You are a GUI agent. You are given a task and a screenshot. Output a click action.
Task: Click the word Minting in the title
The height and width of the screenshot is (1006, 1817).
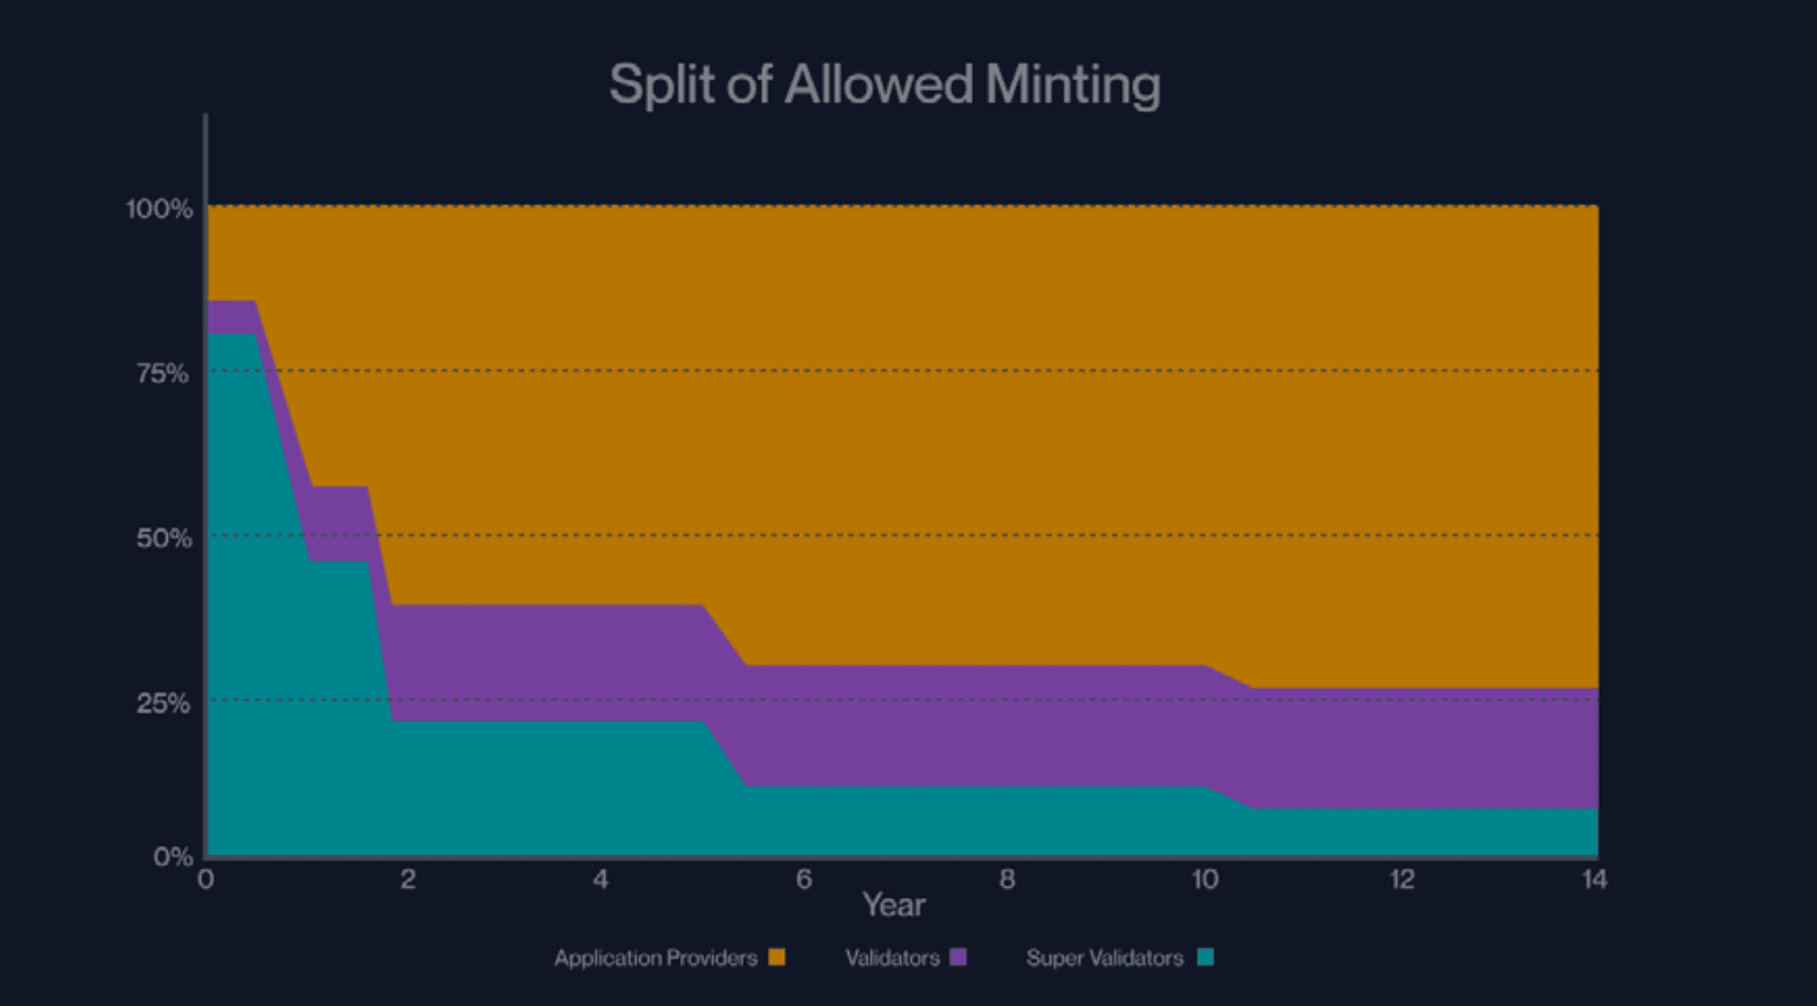1072,85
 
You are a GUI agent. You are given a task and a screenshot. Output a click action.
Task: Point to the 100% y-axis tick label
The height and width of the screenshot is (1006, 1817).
159,208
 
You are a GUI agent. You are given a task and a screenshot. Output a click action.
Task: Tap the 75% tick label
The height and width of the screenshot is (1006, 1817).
162,373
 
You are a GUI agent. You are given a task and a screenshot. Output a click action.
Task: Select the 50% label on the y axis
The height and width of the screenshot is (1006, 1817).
163,538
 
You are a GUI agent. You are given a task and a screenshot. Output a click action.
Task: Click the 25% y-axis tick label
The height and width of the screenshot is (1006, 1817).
163,703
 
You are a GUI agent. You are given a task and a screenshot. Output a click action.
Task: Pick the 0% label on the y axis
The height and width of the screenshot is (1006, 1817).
172,856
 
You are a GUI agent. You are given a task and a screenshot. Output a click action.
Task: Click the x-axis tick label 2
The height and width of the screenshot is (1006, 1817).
407,879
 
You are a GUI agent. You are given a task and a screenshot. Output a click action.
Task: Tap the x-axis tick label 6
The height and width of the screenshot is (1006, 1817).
804,879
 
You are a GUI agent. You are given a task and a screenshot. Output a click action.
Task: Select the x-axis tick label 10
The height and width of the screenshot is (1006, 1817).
1204,879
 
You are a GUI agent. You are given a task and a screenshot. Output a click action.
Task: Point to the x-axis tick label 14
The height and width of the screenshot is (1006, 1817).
1594,879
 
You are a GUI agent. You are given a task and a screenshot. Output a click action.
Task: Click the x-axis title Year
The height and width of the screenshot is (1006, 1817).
893,905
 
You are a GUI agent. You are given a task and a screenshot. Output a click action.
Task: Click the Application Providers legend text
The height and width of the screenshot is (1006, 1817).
656,958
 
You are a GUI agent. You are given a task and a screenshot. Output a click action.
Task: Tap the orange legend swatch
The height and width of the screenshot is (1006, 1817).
777,957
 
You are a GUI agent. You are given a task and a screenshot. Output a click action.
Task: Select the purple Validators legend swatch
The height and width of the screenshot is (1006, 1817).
958,957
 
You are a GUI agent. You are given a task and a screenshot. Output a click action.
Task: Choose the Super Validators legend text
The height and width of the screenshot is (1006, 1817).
1105,958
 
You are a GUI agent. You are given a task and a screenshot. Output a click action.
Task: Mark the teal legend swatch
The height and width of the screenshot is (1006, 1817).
1205,957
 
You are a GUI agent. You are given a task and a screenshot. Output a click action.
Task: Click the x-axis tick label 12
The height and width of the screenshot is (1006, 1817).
1402,879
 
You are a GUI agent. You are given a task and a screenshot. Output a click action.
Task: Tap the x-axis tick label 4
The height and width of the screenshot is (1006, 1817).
601,879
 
